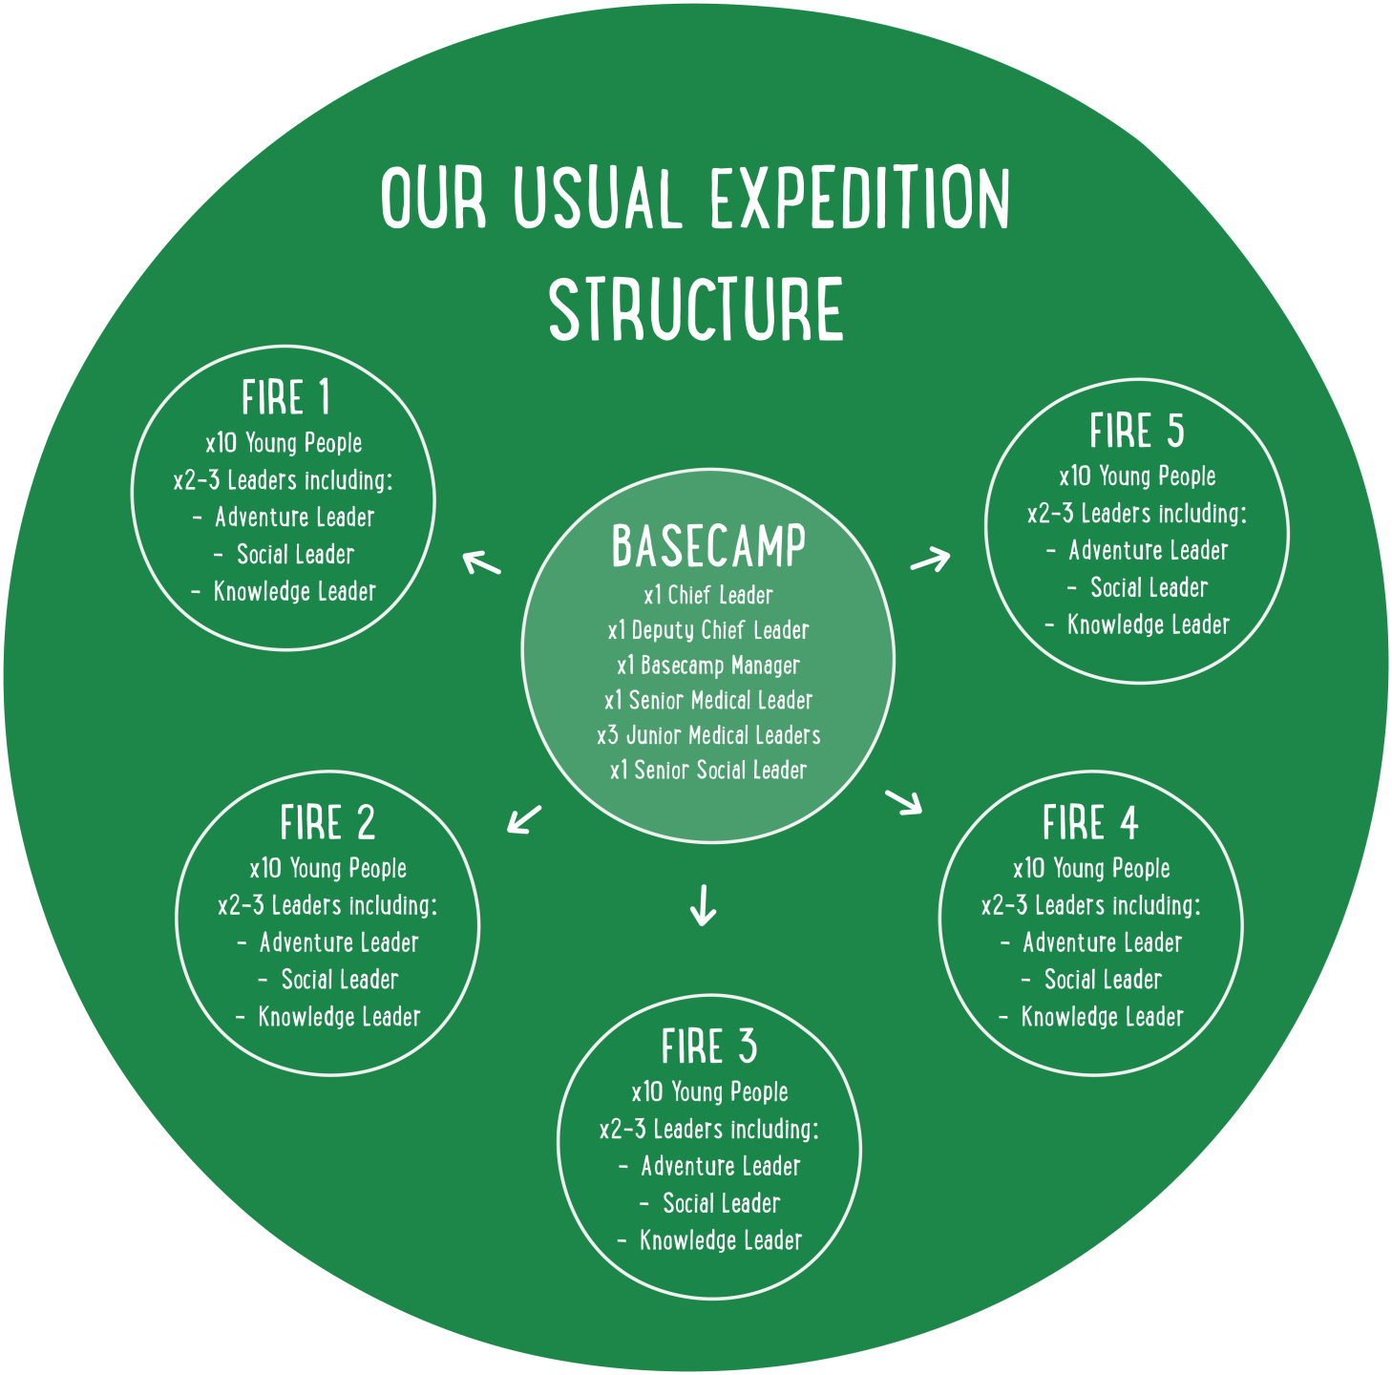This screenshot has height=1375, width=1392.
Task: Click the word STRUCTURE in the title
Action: click(x=696, y=308)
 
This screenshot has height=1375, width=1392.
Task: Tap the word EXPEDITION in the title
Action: click(x=859, y=199)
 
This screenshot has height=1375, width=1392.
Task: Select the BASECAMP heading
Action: click(x=708, y=546)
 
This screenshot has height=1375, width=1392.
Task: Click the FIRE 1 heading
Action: click(x=285, y=398)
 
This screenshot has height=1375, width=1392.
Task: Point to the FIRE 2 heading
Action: click(x=327, y=823)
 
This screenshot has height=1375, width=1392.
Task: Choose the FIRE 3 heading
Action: click(x=708, y=1047)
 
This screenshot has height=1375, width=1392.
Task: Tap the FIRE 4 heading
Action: click(x=1090, y=823)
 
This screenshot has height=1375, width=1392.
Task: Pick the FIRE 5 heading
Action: click(x=1136, y=432)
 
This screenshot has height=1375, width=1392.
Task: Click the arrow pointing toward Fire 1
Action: click(x=482, y=562)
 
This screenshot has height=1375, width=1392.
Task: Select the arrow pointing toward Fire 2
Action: click(x=524, y=819)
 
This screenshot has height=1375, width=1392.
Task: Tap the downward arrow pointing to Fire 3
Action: click(x=703, y=905)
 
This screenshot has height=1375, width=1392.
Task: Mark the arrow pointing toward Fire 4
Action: click(x=904, y=802)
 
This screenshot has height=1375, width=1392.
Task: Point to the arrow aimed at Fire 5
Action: click(x=931, y=560)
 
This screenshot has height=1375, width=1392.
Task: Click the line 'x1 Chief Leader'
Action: click(x=708, y=596)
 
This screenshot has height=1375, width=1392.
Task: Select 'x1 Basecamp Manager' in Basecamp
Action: click(x=708, y=666)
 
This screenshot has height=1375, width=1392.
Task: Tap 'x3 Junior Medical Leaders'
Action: click(x=708, y=735)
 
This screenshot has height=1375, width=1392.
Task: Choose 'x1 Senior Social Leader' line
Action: click(x=708, y=771)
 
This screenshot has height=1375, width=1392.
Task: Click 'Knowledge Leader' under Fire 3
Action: click(x=721, y=1240)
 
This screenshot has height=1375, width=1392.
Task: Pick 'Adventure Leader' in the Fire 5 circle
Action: click(x=1148, y=551)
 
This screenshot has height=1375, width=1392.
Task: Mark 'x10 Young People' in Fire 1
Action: click(x=284, y=443)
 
